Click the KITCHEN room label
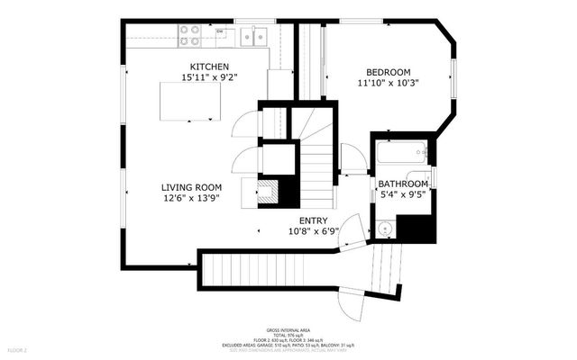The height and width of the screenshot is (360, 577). pyautogui.click(x=209, y=67)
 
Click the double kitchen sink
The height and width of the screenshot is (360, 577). pyautogui.click(x=251, y=36)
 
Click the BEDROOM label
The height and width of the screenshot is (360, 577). pyautogui.click(x=388, y=72)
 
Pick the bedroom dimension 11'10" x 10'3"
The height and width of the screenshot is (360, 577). pyautogui.click(x=388, y=83)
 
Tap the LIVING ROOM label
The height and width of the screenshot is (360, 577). pyautogui.click(x=190, y=186)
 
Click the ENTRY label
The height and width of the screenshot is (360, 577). pyautogui.click(x=313, y=220)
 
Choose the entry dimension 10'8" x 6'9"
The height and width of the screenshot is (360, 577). pyautogui.click(x=313, y=230)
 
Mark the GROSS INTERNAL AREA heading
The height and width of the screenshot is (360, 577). pyautogui.click(x=288, y=330)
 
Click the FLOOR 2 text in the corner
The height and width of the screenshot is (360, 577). pyautogui.click(x=17, y=348)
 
